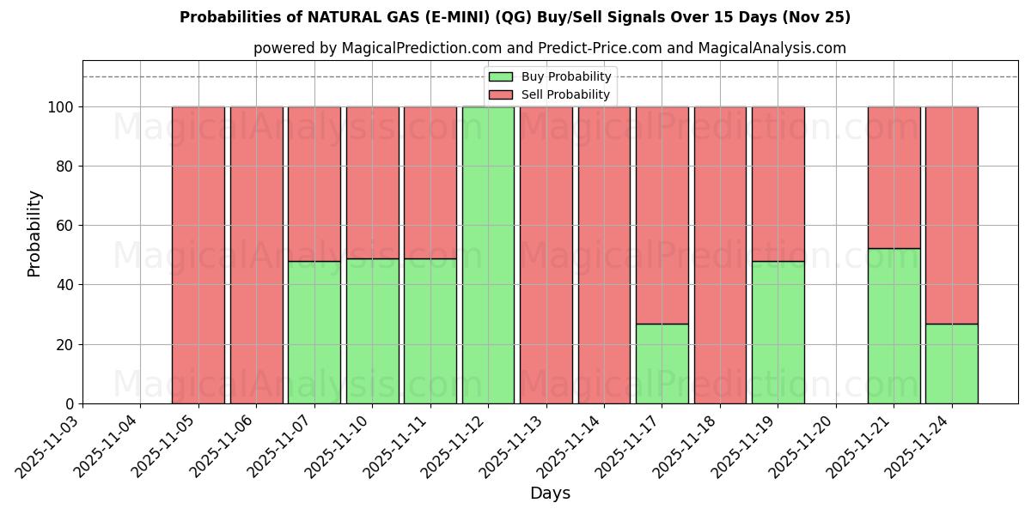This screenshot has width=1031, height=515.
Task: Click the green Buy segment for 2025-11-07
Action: [314, 332]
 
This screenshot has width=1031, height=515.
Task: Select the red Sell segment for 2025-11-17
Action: [662, 215]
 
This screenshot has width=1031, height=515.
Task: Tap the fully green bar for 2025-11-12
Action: [488, 255]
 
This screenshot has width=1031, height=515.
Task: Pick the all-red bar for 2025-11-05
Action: [198, 255]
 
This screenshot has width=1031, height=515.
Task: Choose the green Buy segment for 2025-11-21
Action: [894, 326]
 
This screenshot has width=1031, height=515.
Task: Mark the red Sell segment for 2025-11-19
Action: [778, 184]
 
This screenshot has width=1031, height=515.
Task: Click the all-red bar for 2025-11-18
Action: [720, 255]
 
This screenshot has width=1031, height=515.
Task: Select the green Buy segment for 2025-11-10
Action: [372, 330]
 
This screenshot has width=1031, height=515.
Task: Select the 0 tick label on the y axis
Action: [70, 404]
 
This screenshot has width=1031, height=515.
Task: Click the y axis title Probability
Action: [34, 233]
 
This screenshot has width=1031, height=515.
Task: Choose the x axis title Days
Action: [550, 494]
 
